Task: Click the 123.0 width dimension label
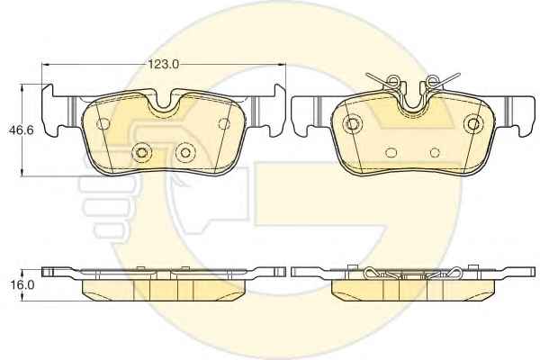pos(164,65)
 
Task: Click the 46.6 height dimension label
pos(22,130)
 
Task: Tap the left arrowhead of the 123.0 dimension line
pos(46,65)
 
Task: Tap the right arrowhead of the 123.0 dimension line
pos(282,65)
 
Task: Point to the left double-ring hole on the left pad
pos(141,152)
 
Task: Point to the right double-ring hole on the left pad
pos(185,152)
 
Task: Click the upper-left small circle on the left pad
pos(103,123)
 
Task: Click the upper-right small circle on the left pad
pos(224,123)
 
